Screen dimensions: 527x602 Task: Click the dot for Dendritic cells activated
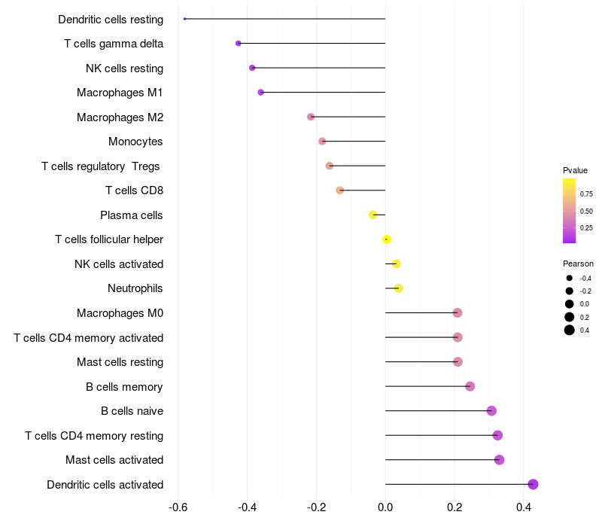[533, 484]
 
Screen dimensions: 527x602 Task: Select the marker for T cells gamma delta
[239, 44]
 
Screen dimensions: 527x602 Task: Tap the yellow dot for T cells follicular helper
[387, 239]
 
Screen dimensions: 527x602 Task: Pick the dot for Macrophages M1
[261, 93]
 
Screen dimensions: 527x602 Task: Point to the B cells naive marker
[491, 411]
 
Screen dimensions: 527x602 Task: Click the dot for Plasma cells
[373, 215]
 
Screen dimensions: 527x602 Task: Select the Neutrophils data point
[399, 288]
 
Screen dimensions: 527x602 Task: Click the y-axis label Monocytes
[135, 142]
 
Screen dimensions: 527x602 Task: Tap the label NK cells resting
[124, 69]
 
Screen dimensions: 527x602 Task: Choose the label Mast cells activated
[114, 460]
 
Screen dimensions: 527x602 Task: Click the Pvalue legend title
[575, 170]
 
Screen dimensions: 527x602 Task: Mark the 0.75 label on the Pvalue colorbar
[586, 193]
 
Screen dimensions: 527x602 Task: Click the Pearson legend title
[578, 263]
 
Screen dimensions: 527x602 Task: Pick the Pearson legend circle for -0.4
[570, 278]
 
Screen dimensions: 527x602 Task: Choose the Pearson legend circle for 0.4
[570, 330]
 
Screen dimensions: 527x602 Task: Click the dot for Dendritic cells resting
[184, 19]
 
